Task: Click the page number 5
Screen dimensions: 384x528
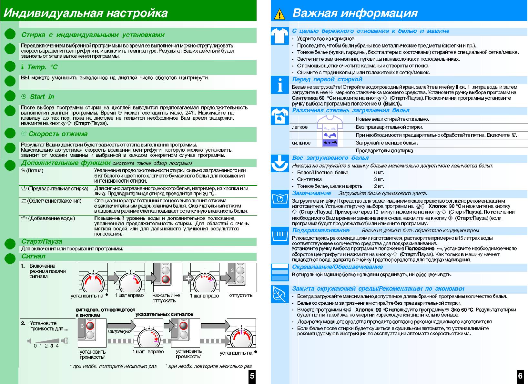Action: tap(252, 376)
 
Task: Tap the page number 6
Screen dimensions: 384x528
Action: tap(520, 376)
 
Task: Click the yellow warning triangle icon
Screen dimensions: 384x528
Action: tap(279, 15)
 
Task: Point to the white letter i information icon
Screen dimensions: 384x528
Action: tap(279, 86)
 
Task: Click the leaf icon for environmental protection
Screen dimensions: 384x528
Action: tap(279, 293)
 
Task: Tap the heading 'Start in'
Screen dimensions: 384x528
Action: tap(42, 97)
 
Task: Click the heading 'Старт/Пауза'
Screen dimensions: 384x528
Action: tap(42, 241)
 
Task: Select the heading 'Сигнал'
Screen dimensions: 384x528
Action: tap(33, 256)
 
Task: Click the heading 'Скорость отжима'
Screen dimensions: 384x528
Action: tap(58, 134)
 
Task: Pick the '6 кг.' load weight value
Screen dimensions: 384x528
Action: tap(379, 173)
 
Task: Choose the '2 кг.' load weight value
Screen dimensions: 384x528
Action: tap(379, 186)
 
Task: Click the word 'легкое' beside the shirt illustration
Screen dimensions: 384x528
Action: tap(300, 127)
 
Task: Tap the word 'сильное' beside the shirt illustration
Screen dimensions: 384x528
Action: tap(301, 143)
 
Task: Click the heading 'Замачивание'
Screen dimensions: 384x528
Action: tap(311, 193)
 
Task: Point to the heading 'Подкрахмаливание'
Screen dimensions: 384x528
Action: tap(320, 230)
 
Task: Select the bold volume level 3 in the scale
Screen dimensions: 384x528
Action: tap(52, 346)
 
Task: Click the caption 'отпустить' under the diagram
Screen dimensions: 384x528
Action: tap(241, 296)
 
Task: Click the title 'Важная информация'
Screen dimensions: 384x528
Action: tap(355, 13)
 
